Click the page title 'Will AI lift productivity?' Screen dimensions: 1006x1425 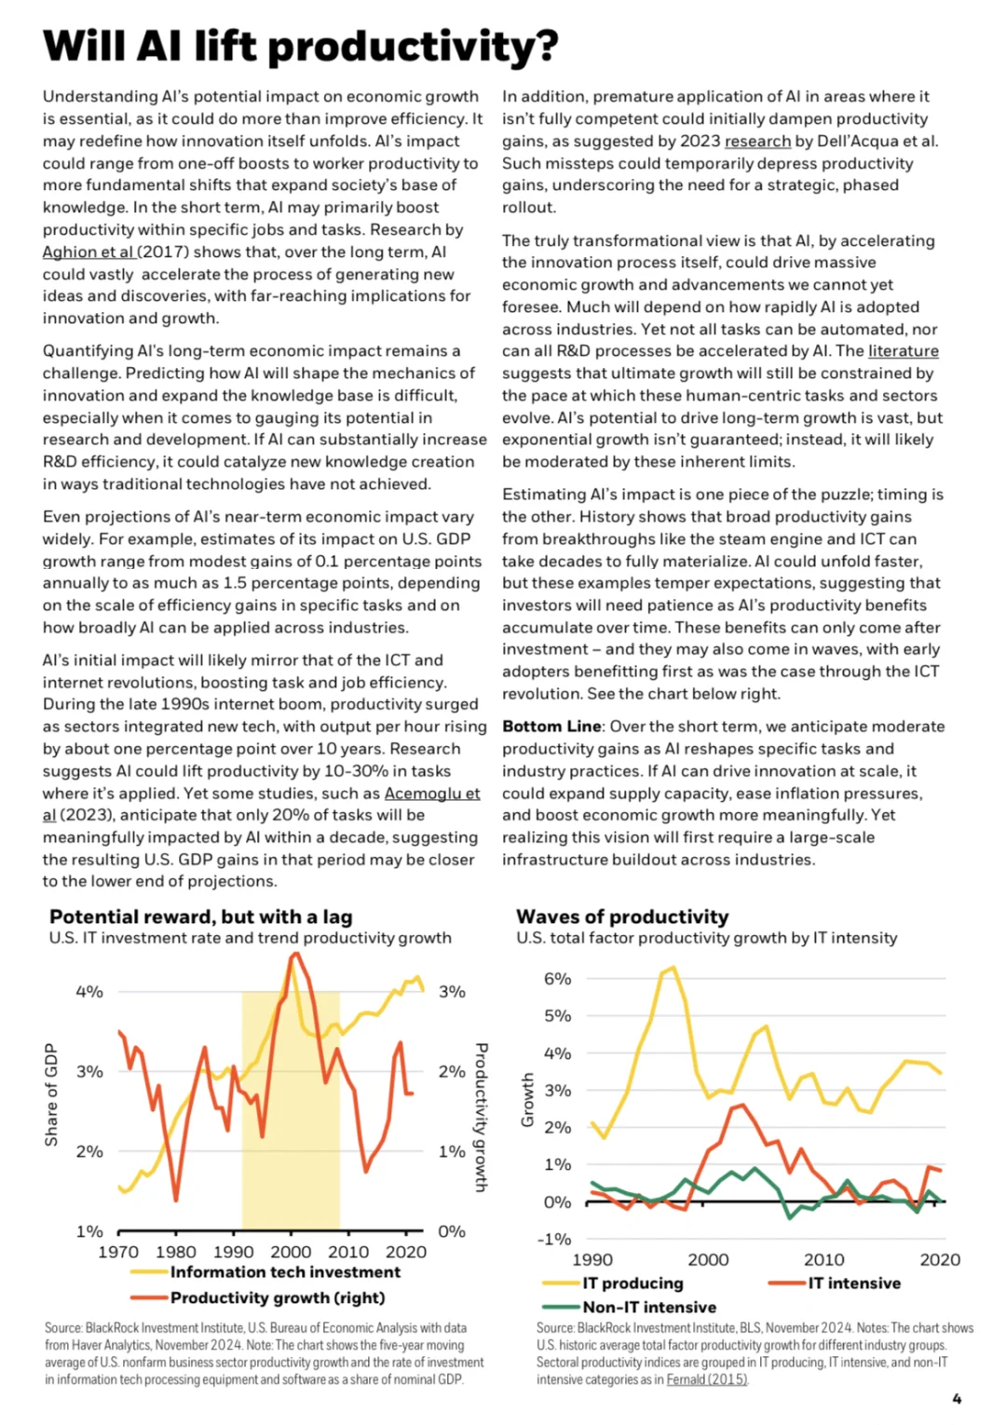click(300, 46)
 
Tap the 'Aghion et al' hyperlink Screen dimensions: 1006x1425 click(88, 251)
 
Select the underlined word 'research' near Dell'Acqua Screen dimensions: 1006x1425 click(757, 142)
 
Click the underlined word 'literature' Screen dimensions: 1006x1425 click(903, 351)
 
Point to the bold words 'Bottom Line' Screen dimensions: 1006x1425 click(551, 726)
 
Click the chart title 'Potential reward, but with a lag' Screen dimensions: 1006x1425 click(201, 916)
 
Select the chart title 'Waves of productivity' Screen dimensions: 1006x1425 click(622, 916)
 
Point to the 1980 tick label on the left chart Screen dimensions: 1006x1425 click(176, 1252)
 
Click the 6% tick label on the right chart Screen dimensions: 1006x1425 click(557, 979)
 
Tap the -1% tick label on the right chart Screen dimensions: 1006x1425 click(554, 1240)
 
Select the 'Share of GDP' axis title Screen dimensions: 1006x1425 click(51, 1095)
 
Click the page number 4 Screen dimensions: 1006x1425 click(957, 1399)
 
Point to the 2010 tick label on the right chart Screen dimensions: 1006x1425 click(824, 1259)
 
